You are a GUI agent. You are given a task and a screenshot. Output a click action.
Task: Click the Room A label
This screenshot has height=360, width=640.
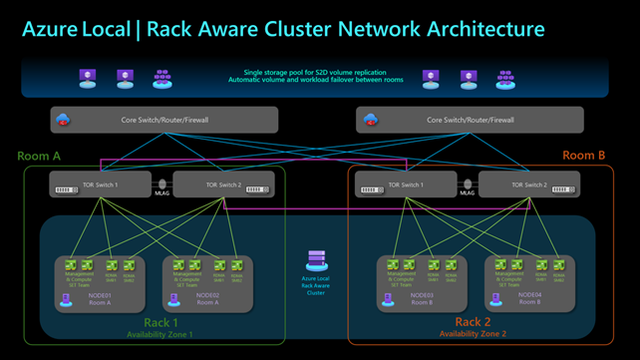click(38, 156)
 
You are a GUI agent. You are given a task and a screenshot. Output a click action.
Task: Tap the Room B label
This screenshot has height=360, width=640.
click(583, 156)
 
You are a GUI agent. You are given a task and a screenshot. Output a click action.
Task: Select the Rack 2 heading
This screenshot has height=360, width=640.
click(473, 322)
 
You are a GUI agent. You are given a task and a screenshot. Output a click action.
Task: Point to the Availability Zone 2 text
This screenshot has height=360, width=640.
click(474, 334)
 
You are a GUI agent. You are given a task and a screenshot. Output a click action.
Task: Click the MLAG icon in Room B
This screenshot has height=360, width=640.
click(467, 183)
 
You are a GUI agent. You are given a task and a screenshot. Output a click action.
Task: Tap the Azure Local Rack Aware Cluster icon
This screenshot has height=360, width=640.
click(316, 262)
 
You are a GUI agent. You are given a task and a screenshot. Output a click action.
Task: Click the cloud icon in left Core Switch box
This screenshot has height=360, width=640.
click(65, 121)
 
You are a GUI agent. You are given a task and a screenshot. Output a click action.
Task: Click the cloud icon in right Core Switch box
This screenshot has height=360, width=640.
click(371, 121)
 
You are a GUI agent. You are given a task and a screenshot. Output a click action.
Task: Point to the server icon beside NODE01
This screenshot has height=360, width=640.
click(67, 298)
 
